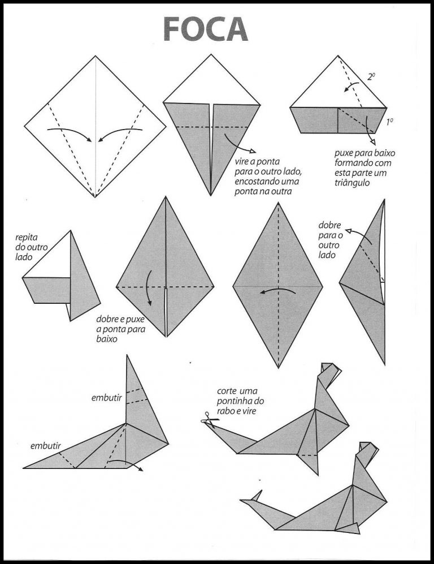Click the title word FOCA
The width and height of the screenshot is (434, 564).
click(x=206, y=28)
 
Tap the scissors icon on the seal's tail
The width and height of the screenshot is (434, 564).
click(x=205, y=421)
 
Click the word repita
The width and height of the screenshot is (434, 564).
click(x=26, y=238)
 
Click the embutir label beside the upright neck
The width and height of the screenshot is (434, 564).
click(x=106, y=398)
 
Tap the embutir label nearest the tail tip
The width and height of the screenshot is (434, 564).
click(x=46, y=446)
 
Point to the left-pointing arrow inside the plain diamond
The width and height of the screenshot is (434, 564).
click(x=277, y=291)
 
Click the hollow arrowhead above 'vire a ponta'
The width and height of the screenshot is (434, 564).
click(x=251, y=152)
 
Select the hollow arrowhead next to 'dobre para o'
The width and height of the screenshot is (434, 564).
click(x=348, y=230)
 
